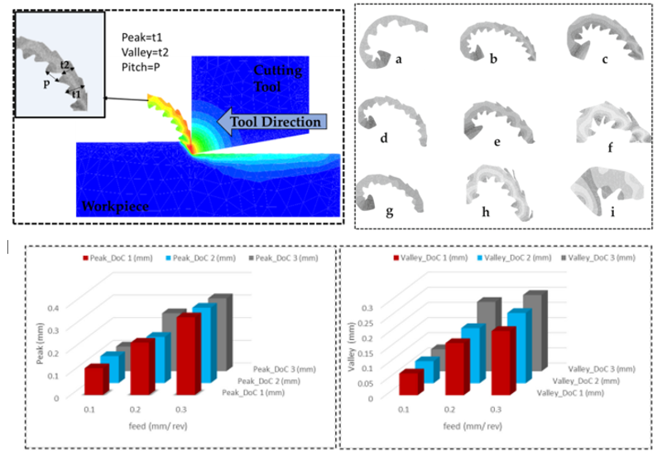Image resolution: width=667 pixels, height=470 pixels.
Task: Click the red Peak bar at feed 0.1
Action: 95,380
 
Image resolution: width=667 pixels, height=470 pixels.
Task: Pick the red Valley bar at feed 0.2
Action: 458,368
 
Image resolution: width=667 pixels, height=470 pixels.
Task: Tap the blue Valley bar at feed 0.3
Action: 519,347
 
